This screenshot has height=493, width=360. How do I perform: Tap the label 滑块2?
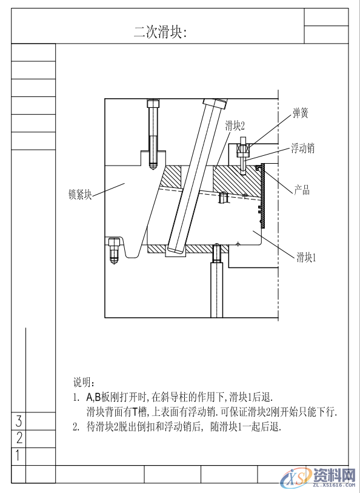[x=235, y=126]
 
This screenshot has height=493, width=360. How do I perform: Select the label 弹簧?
[x=301, y=113]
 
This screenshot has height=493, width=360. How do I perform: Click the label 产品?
[x=302, y=190]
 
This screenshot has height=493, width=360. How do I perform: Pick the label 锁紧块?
[x=80, y=195]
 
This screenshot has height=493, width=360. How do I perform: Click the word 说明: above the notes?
[x=84, y=382]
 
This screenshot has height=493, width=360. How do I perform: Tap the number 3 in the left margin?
[x=19, y=421]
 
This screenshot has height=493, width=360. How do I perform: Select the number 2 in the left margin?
[x=19, y=438]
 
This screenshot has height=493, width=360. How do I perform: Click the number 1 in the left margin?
[x=19, y=455]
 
